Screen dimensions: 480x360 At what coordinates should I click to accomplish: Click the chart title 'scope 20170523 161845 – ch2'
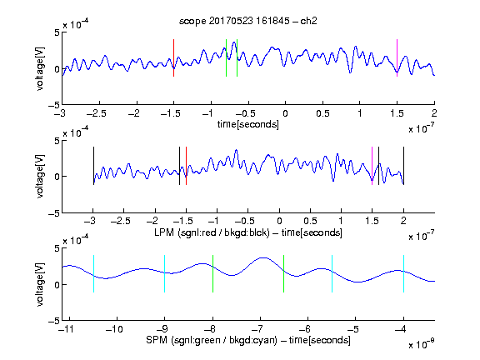click(x=248, y=21)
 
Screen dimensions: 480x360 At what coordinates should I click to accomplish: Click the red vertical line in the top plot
click(x=173, y=57)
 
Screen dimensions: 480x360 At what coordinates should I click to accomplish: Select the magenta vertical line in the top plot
click(x=397, y=57)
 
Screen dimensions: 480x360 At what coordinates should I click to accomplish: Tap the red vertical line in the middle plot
click(x=186, y=166)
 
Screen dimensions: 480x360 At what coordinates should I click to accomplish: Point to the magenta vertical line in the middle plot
click(x=372, y=166)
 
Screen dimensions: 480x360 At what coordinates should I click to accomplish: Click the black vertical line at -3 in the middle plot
click(x=93, y=166)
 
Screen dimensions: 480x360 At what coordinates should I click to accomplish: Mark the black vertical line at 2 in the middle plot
click(x=403, y=166)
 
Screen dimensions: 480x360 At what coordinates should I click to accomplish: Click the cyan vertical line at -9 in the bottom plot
click(x=165, y=273)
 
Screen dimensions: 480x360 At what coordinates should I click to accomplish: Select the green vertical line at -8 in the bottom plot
click(x=212, y=273)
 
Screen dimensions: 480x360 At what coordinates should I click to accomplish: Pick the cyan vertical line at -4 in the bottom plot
click(x=403, y=273)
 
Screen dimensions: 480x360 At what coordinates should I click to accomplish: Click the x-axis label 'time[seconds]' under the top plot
click(x=248, y=124)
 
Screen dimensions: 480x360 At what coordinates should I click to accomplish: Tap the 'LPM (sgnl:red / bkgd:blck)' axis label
click(x=212, y=232)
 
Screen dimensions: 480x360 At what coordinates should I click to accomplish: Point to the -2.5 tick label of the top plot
click(x=97, y=113)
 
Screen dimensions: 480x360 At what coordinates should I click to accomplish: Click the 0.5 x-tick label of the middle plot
click(x=310, y=221)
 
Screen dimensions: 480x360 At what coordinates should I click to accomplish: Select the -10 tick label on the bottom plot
click(x=114, y=329)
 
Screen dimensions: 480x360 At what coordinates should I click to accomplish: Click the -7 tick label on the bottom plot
click(x=257, y=329)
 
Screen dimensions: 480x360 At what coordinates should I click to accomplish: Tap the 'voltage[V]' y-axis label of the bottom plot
click(x=40, y=284)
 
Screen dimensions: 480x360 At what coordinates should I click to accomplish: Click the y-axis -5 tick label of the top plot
click(x=54, y=106)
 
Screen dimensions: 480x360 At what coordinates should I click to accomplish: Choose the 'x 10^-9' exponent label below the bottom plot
click(x=422, y=344)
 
